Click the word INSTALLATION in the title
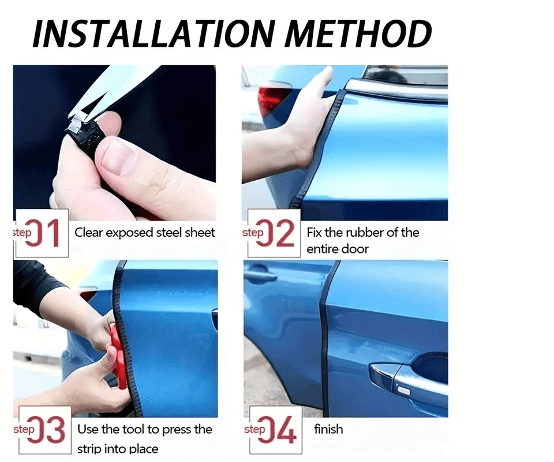(154, 34)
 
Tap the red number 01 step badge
(42, 233)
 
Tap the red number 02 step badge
(274, 233)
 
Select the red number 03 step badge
(45, 430)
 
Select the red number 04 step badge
(276, 430)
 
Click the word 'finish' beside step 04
(328, 429)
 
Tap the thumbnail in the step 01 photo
(116, 154)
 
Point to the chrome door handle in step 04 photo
(389, 380)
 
